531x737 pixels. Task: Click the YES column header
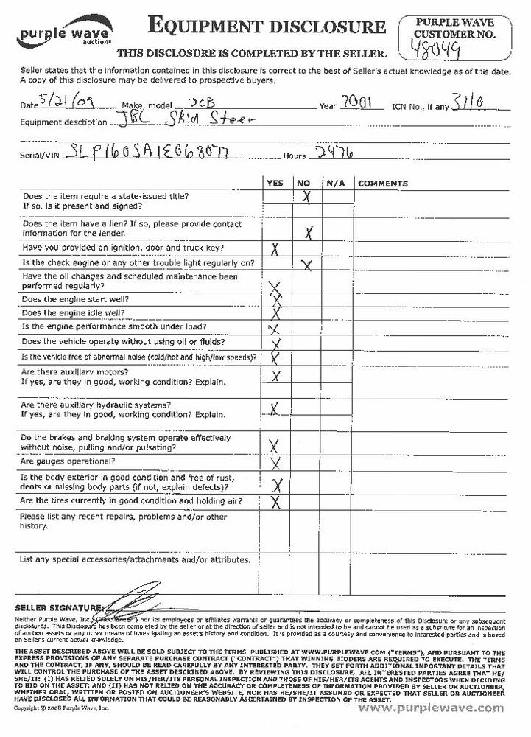pyautogui.click(x=274, y=183)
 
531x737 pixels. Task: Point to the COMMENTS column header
pyautogui.click(x=382, y=183)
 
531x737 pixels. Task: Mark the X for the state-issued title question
pyautogui.click(x=306, y=197)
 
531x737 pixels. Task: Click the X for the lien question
pyautogui.click(x=309, y=232)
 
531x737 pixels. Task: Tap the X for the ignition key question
pyautogui.click(x=275, y=249)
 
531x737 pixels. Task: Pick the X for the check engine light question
pyautogui.click(x=306, y=265)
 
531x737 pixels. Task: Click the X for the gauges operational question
pyautogui.click(x=276, y=464)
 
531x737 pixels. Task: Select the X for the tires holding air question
pyautogui.click(x=277, y=503)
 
